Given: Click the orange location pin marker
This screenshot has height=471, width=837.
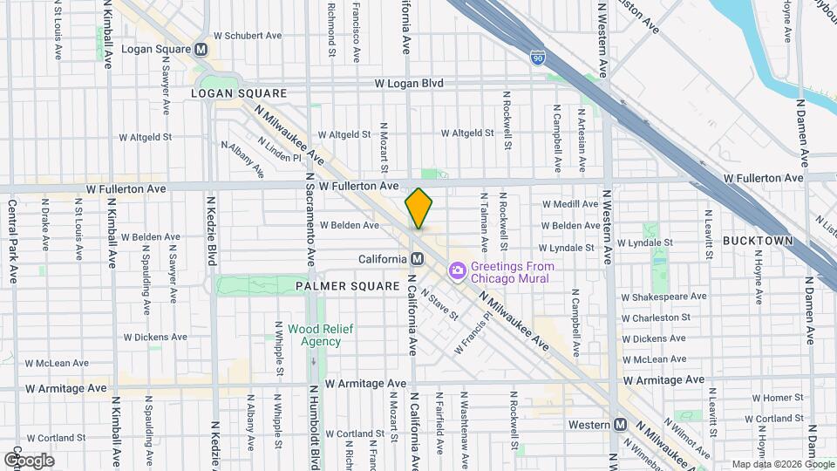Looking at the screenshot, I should (418, 208).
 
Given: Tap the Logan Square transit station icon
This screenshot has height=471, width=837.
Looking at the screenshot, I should (201, 50).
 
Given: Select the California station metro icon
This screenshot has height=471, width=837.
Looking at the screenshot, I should (417, 259).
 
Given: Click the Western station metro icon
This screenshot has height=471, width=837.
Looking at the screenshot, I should (620, 425).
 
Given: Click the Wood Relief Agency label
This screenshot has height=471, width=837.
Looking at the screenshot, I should (315, 335).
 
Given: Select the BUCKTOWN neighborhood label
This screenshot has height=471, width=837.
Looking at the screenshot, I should (757, 241).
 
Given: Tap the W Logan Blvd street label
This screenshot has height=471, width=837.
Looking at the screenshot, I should (409, 84).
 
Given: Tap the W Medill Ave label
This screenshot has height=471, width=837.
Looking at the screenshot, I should (570, 204).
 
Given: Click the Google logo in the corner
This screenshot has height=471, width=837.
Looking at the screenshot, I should (29, 460).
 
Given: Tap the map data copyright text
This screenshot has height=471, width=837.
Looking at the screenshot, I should (781, 464).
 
